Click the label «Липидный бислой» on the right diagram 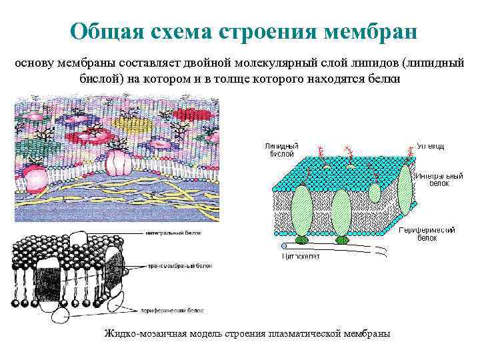pos(281,149)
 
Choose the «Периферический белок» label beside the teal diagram pos(426,233)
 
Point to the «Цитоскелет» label pos(301,255)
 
